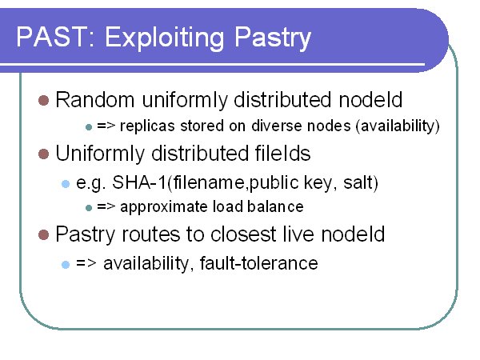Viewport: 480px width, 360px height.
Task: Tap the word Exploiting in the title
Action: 165,38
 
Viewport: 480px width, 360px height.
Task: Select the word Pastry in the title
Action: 273,38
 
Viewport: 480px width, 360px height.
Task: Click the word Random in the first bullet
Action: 95,100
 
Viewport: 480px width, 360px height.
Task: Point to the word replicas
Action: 147,126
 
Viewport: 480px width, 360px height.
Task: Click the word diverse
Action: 276,126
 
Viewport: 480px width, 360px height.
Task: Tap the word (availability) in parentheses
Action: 398,126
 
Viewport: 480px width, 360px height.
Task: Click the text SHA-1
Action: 139,182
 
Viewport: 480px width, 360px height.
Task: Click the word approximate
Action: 163,207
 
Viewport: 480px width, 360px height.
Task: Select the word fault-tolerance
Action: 258,263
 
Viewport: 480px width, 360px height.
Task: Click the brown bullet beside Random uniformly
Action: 44,101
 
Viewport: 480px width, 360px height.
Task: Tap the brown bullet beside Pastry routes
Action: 44,234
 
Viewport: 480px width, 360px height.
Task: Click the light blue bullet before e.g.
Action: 66,184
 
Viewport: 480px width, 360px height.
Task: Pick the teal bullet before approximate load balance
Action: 89,208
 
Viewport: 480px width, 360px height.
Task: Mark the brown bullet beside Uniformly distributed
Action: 44,154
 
